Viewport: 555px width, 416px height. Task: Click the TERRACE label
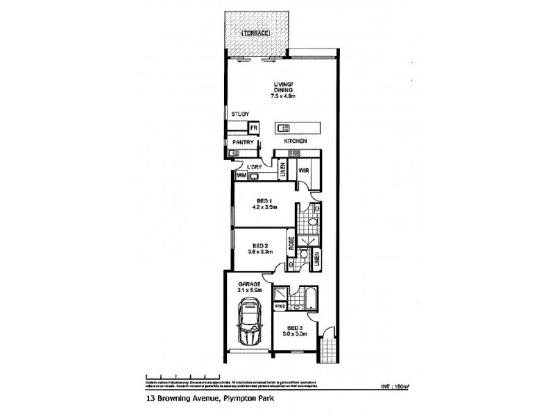click(255, 33)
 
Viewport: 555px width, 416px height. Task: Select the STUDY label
click(240, 114)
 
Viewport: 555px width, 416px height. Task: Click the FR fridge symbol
click(254, 128)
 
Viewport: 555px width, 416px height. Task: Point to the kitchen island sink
click(284, 128)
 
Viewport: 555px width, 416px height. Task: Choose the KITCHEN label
click(294, 141)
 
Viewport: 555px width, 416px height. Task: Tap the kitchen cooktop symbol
click(294, 153)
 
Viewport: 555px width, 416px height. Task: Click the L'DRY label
click(255, 167)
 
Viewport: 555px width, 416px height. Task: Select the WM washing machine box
click(241, 177)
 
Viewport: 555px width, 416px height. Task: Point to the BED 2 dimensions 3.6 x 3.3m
click(262, 252)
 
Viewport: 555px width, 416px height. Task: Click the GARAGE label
click(249, 284)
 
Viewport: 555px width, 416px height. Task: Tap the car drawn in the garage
click(248, 324)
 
